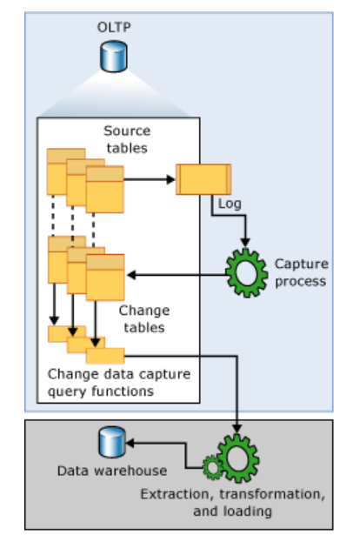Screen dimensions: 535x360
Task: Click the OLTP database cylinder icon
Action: pos(110,58)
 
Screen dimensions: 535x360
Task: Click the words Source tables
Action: pos(126,139)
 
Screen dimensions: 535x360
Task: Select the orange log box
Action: pos(203,178)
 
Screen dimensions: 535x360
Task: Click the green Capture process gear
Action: pos(246,273)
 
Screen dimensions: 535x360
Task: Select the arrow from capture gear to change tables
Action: pos(174,274)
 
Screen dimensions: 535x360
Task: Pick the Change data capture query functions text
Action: pos(118,383)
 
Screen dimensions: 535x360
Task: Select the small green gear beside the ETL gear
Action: pos(211,467)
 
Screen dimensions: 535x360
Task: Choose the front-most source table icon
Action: pos(104,189)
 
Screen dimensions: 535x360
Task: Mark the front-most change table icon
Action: pos(105,277)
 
